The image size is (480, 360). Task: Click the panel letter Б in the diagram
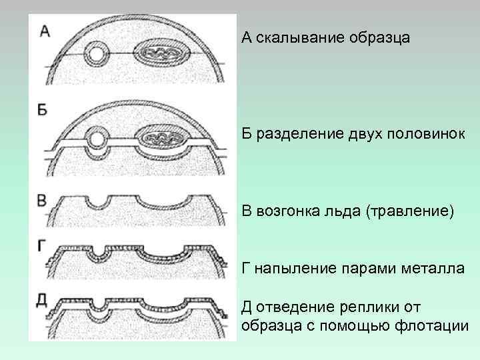(43, 110)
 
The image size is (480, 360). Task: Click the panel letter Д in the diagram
(42, 299)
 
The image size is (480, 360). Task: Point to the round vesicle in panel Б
(97, 140)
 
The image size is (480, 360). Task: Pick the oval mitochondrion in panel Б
(161, 139)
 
